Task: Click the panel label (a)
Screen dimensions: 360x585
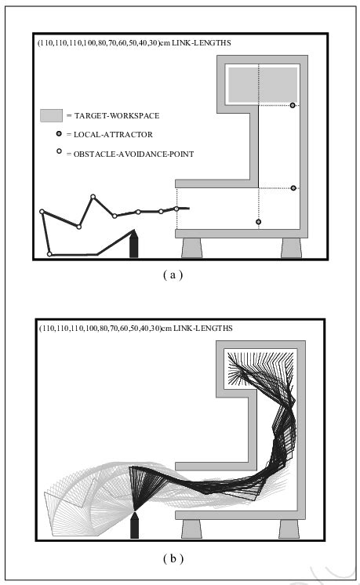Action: click(x=173, y=275)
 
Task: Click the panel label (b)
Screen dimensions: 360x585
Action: click(x=173, y=558)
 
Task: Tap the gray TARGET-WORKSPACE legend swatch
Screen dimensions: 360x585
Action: click(x=52, y=115)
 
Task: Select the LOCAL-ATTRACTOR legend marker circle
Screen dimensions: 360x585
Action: click(x=59, y=133)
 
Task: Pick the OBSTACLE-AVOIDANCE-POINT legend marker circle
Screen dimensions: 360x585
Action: click(x=59, y=151)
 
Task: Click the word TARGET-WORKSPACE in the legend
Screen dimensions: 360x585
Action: click(x=117, y=115)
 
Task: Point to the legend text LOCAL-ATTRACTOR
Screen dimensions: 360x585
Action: click(x=113, y=135)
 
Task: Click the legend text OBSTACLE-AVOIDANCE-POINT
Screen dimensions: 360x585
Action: click(x=133, y=154)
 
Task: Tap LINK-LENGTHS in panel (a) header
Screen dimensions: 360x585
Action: click(x=202, y=43)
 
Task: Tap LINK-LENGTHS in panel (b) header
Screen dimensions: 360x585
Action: click(x=203, y=329)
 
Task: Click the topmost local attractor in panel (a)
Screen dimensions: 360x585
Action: click(x=293, y=105)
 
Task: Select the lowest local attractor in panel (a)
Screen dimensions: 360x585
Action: click(x=259, y=222)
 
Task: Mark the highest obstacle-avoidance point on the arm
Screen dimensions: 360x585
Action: click(x=93, y=197)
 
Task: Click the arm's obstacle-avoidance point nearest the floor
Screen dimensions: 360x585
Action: click(x=49, y=254)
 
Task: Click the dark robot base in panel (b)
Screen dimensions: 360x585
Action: click(x=134, y=525)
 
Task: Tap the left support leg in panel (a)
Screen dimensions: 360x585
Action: click(x=191, y=248)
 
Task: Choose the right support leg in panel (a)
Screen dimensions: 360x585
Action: click(x=291, y=248)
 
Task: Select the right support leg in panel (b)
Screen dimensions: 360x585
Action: click(x=289, y=529)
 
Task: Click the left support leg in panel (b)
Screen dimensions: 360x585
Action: click(x=191, y=529)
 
